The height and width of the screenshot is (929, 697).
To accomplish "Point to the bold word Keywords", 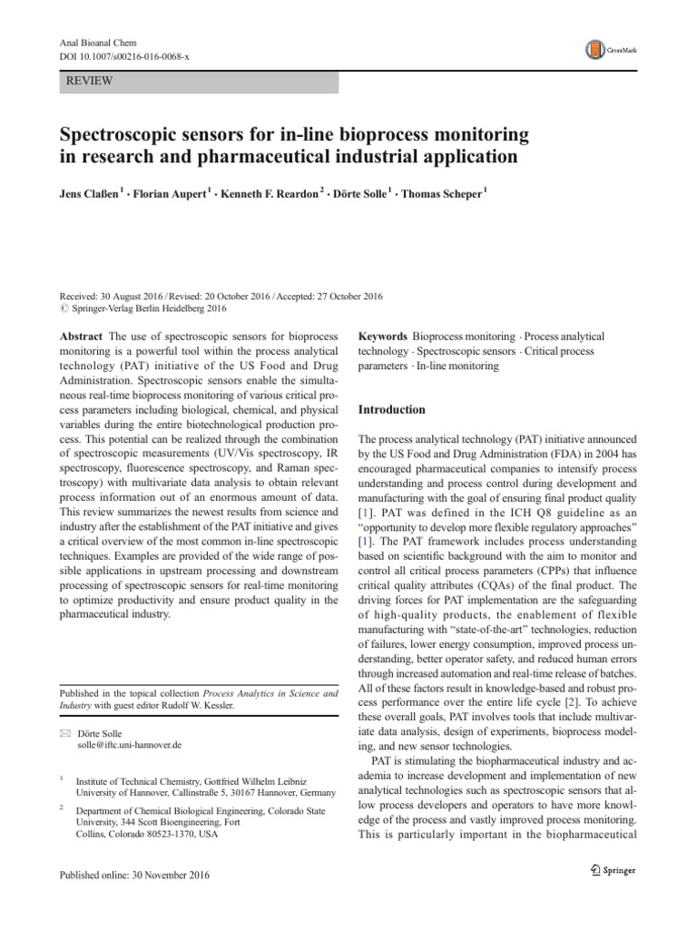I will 382,337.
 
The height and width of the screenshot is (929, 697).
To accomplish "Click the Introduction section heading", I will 391,409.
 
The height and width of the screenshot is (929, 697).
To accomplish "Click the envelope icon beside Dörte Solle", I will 64,731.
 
